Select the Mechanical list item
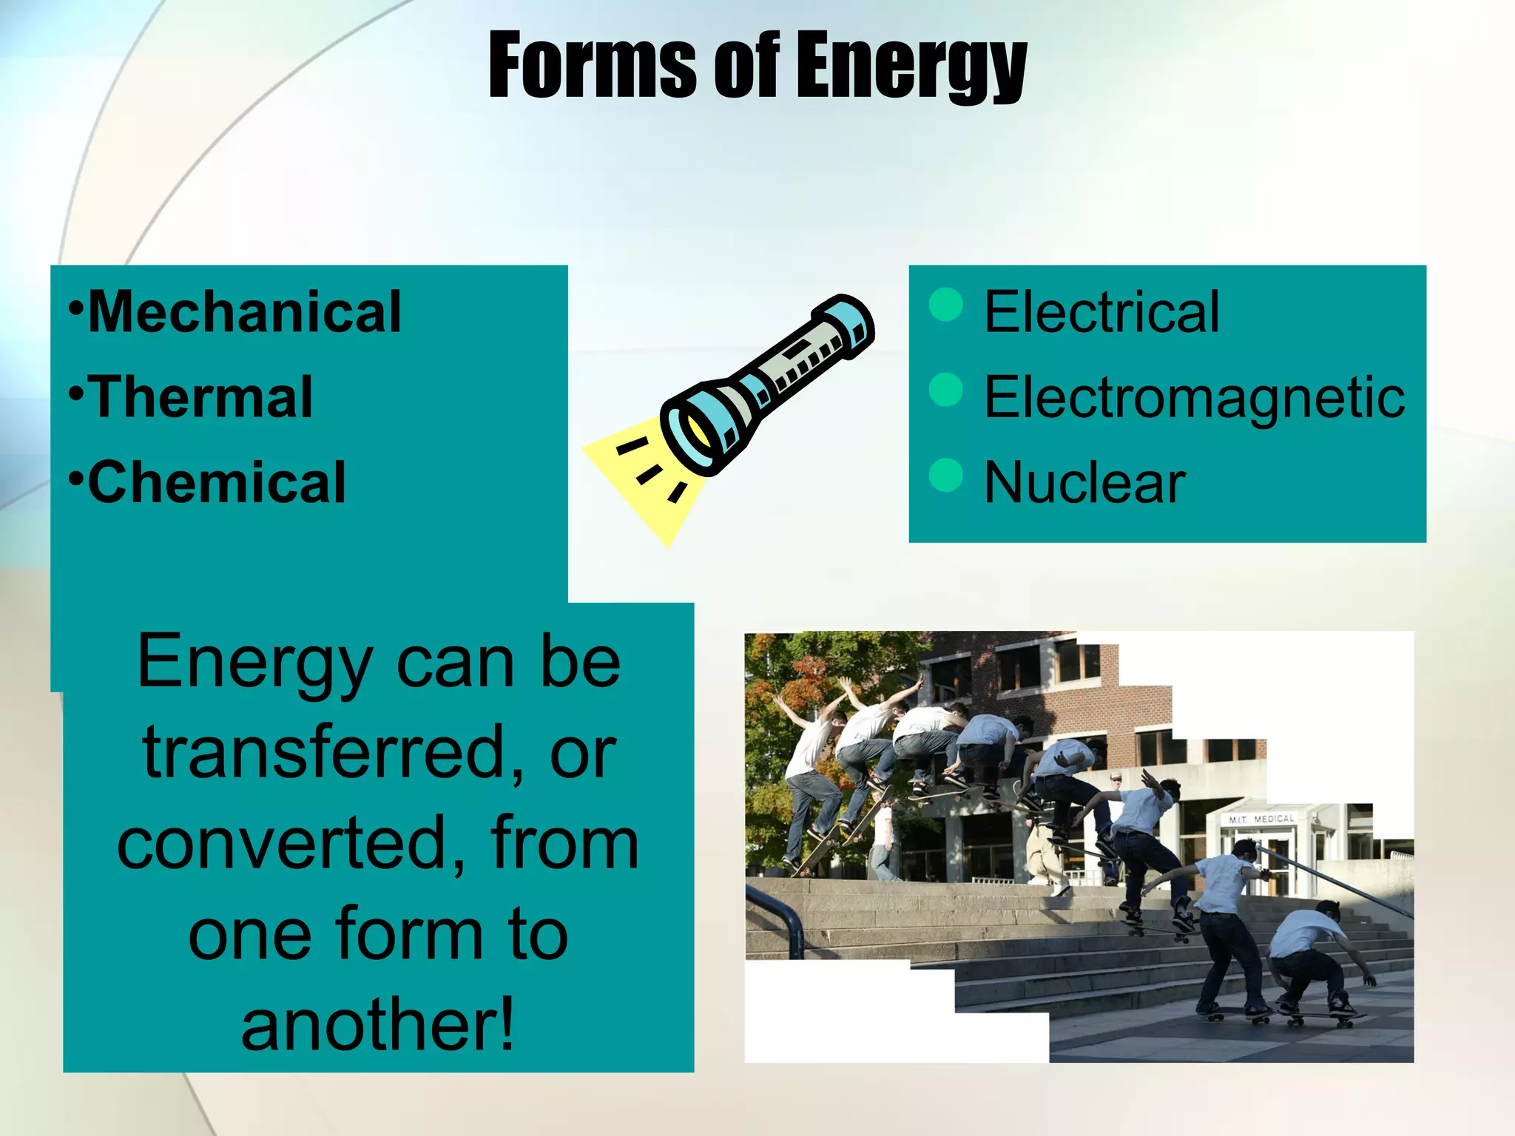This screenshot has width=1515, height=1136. click(x=244, y=312)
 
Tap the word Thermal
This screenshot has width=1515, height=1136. click(x=200, y=397)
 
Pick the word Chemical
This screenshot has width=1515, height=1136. click(x=217, y=482)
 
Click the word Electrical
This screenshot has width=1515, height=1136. click(x=1101, y=312)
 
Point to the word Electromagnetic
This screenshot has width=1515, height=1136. click(x=1194, y=398)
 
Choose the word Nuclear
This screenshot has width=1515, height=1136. click(x=1084, y=482)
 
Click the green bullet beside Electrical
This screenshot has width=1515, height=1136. click(x=945, y=304)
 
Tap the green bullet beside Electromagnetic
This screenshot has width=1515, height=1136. click(x=945, y=390)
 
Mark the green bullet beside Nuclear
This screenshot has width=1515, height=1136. click(x=945, y=475)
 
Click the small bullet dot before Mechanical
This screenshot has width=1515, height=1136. click(x=74, y=305)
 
